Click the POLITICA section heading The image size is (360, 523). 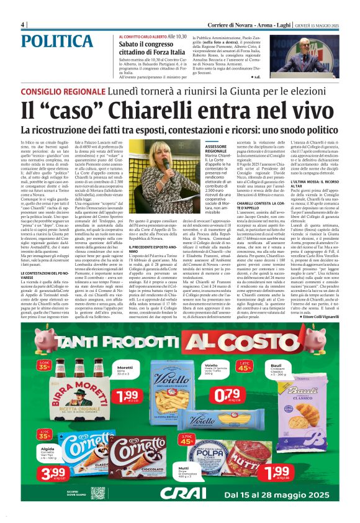pos(58,41)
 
